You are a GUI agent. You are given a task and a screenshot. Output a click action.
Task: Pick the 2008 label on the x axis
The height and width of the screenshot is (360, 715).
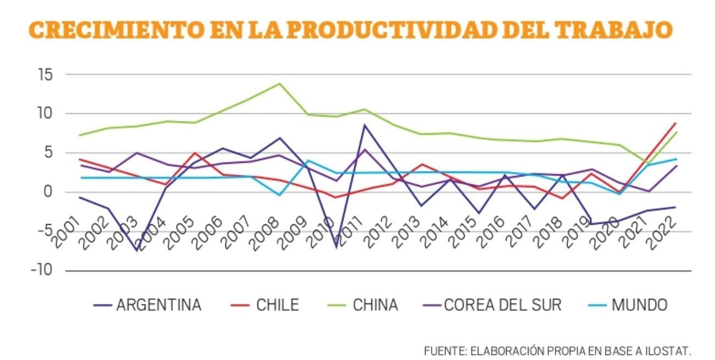[x=267, y=231]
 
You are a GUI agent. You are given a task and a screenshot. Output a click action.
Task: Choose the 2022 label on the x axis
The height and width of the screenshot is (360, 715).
[x=664, y=231]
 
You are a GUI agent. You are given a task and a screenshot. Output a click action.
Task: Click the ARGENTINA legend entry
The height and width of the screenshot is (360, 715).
[x=158, y=305]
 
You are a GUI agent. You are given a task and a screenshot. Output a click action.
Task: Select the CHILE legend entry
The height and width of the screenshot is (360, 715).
[x=277, y=305]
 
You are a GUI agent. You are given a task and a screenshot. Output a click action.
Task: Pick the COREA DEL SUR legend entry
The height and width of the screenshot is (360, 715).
[x=503, y=305]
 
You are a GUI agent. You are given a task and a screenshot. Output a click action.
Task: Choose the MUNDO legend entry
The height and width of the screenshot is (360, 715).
[x=639, y=305]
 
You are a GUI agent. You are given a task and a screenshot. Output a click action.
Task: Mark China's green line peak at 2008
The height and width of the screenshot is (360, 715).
[x=279, y=84]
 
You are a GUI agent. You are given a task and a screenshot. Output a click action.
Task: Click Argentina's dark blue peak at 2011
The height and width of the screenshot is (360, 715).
[x=364, y=125]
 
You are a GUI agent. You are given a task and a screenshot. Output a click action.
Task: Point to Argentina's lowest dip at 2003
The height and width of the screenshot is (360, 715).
[x=137, y=251]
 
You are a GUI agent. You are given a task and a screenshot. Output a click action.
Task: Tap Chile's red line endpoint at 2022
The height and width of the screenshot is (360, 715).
[x=675, y=123]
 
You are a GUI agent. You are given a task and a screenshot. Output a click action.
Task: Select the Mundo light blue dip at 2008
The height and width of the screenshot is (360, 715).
[x=279, y=195]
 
